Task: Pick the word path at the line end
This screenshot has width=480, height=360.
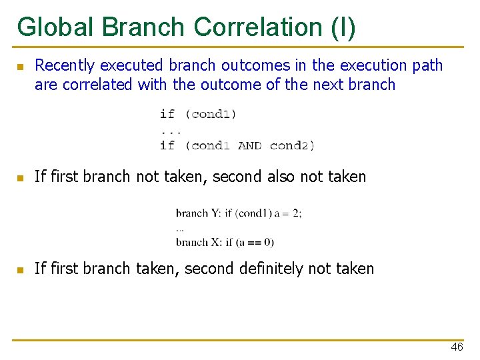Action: [427, 65]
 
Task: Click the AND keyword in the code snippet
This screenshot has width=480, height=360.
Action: [249, 145]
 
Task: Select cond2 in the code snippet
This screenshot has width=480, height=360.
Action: [291, 145]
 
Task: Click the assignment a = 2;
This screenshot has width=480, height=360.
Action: [287, 213]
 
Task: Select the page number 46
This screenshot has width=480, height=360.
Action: [457, 347]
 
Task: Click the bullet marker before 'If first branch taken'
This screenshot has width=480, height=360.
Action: [21, 270]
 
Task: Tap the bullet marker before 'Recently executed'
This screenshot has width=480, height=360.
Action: [21, 67]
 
